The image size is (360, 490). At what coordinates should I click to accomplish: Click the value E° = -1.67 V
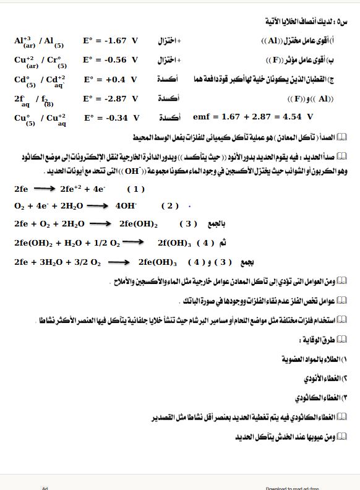[x=111, y=41]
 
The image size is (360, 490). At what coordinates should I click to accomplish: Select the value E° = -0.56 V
[x=111, y=60]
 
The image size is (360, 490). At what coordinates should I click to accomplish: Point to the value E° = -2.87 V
[x=111, y=98]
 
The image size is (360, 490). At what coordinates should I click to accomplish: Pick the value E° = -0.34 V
[x=112, y=118]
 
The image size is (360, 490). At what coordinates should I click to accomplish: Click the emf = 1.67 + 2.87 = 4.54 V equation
[x=253, y=116]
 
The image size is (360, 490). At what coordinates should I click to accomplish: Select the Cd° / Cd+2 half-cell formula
[x=40, y=80]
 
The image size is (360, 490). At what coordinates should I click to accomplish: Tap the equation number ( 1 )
[x=135, y=189]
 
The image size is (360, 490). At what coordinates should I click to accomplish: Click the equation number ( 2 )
[x=169, y=205]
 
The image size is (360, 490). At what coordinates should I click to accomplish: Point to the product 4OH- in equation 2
[x=126, y=205]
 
